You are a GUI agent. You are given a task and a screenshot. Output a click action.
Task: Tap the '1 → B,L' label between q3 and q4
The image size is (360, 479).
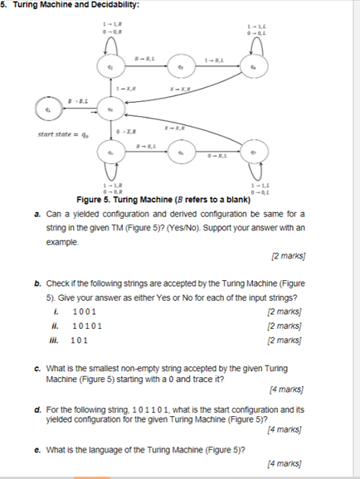point(214,58)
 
